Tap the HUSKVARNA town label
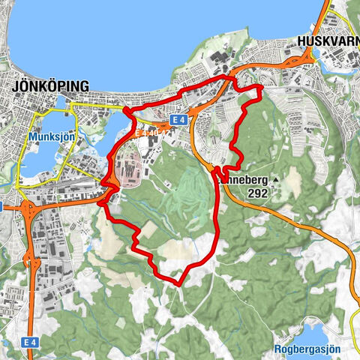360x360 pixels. (328, 42)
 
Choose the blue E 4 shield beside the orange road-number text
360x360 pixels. (178, 120)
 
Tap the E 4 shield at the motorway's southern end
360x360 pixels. (29, 341)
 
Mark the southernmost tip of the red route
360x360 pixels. (178, 283)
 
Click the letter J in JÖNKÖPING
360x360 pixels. (16, 85)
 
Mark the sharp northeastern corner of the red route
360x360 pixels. (261, 87)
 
